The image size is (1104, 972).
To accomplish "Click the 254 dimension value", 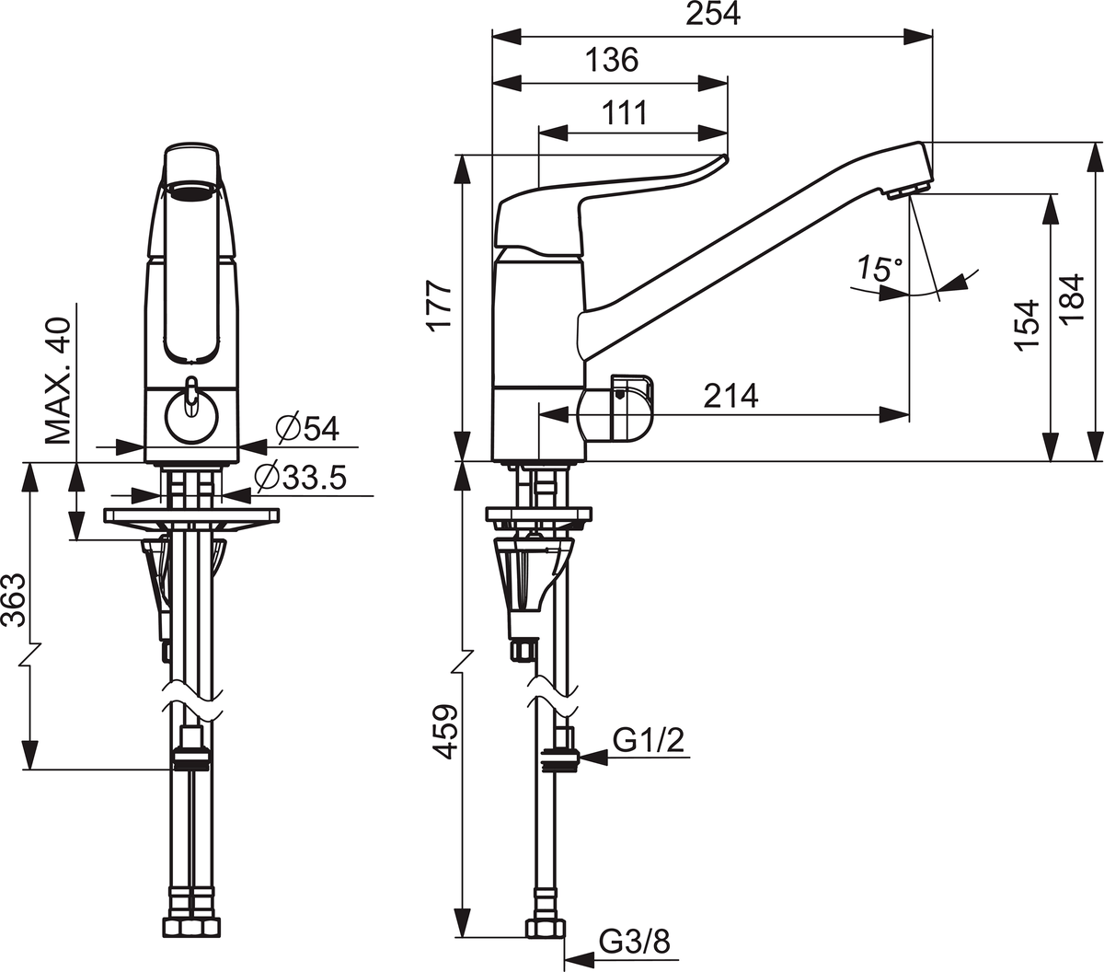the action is [713, 14].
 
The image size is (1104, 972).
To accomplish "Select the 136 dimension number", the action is [612, 60].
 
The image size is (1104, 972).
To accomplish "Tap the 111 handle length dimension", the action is [625, 113].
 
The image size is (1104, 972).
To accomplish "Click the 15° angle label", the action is [879, 268].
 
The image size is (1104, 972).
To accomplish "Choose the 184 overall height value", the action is [1073, 300].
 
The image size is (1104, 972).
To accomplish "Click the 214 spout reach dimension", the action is [730, 396].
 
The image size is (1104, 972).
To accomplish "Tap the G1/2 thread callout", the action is [648, 741].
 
